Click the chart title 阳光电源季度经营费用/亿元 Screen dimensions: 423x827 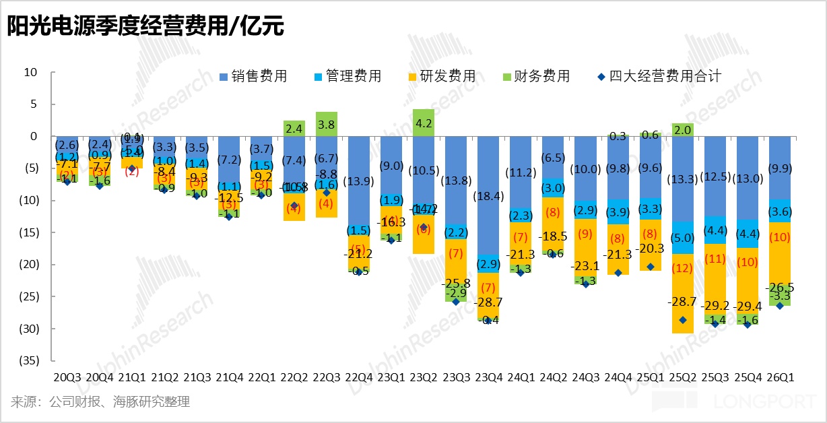click(x=145, y=26)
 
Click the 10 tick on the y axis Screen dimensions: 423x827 click(x=30, y=72)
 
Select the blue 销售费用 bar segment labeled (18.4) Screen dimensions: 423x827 click(x=488, y=195)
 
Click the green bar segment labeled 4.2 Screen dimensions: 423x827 click(x=423, y=123)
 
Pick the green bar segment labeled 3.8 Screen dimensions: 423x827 click(x=326, y=124)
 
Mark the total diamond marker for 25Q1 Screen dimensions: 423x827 click(x=651, y=267)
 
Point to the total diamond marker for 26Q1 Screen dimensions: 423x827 click(x=780, y=306)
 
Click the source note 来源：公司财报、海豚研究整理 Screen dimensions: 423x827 click(x=100, y=402)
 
